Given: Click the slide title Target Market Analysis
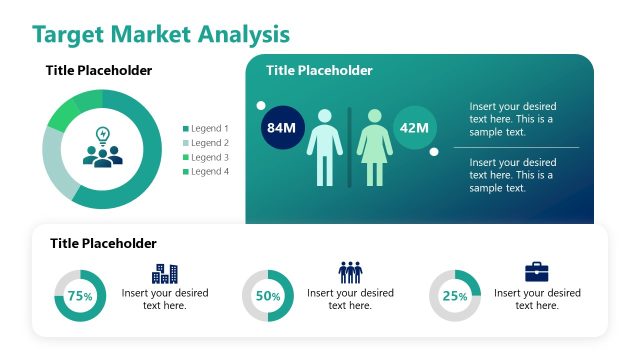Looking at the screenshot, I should (x=161, y=34).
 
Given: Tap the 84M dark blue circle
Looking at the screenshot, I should (x=281, y=128).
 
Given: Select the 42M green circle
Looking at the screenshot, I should (x=413, y=128).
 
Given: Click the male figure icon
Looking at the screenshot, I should (x=324, y=147).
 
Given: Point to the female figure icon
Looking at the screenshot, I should (x=374, y=147).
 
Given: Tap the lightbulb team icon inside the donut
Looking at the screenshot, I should (x=102, y=148).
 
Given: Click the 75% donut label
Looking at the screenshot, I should (x=80, y=296).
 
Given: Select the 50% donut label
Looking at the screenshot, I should (x=268, y=296).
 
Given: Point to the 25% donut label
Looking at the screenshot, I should (x=455, y=296).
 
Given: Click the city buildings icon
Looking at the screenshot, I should (x=165, y=272).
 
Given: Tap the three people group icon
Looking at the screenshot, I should (x=350, y=272).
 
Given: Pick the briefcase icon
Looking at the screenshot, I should (x=537, y=272).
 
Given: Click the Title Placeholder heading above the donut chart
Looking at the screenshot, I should (x=99, y=70).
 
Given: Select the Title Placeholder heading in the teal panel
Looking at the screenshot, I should (x=319, y=70).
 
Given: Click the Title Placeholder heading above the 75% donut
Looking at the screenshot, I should (x=103, y=243).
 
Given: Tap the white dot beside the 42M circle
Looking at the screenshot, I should (x=434, y=152).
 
